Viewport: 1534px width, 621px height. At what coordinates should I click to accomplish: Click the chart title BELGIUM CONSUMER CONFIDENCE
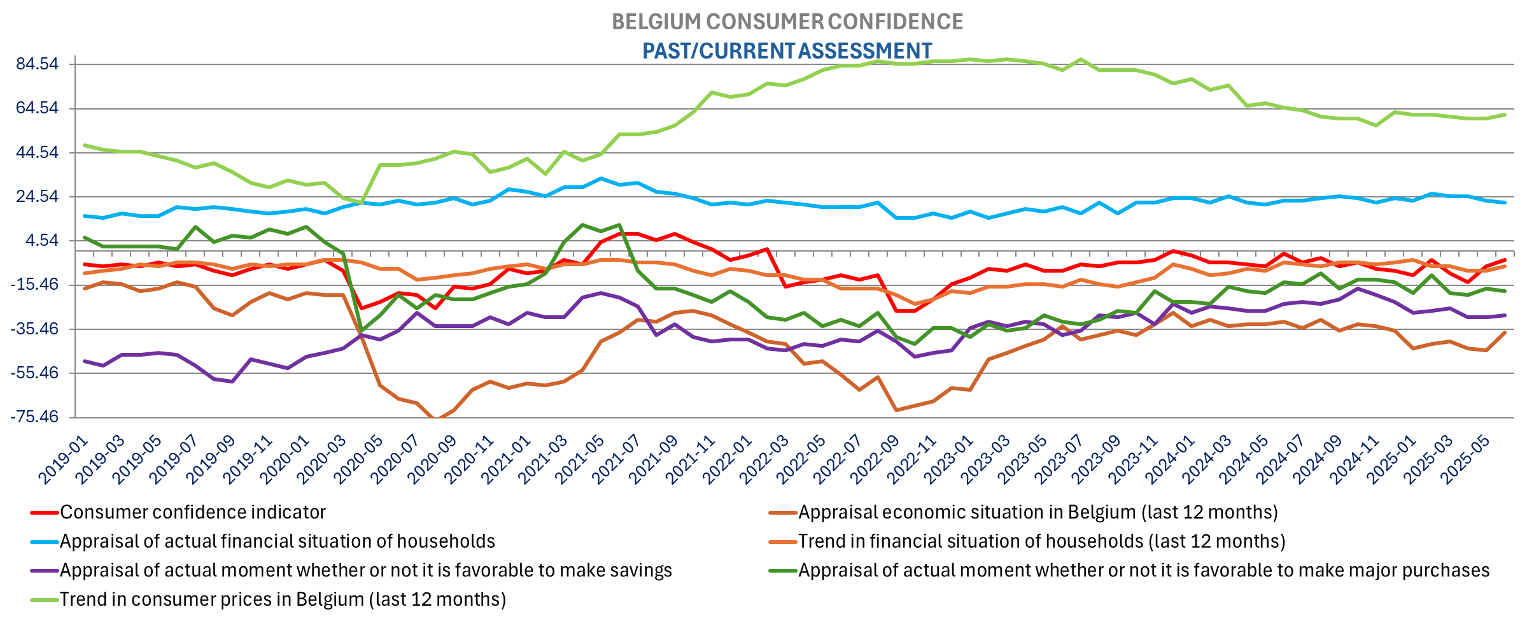787,22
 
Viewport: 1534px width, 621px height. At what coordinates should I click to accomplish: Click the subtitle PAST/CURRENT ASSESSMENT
787,50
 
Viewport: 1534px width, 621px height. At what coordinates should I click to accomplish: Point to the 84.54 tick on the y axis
37,64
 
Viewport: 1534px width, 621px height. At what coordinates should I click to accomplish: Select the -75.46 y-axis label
34,417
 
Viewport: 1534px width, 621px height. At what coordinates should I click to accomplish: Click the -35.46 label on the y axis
34,329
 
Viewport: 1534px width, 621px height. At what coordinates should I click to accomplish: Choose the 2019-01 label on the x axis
64,460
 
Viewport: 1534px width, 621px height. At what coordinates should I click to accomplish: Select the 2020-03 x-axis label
322,460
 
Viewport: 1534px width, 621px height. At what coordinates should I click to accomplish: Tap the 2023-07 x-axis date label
1060,460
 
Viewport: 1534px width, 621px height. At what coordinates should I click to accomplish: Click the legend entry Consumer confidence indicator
192,512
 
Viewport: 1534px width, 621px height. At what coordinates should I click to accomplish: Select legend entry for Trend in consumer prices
283,599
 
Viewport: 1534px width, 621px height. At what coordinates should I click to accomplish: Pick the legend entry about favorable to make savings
365,570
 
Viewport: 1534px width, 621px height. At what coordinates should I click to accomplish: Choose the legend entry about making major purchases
1143,570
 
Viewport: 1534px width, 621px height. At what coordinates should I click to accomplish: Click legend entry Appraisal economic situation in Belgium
1038,512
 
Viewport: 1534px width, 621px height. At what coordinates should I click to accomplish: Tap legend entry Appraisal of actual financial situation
277,541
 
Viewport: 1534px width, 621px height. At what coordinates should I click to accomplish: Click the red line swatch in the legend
45,512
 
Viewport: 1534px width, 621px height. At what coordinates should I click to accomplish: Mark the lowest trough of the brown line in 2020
435,418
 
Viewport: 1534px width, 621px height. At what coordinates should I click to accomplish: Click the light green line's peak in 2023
1080,60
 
